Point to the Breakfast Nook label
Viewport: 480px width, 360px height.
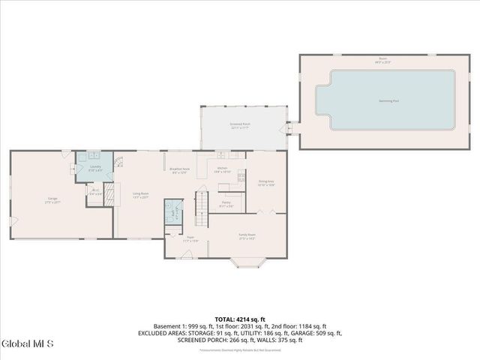coord(179,170)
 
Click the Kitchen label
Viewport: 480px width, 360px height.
coord(222,169)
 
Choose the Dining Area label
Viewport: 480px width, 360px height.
coord(266,183)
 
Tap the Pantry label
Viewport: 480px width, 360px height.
coord(226,203)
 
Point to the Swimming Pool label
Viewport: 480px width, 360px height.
coord(385,100)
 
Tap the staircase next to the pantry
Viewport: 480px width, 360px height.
coord(201,208)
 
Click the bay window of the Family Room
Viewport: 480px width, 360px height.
coord(247,262)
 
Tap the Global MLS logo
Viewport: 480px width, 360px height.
coord(28,344)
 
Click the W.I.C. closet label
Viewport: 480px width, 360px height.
coord(95,192)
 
